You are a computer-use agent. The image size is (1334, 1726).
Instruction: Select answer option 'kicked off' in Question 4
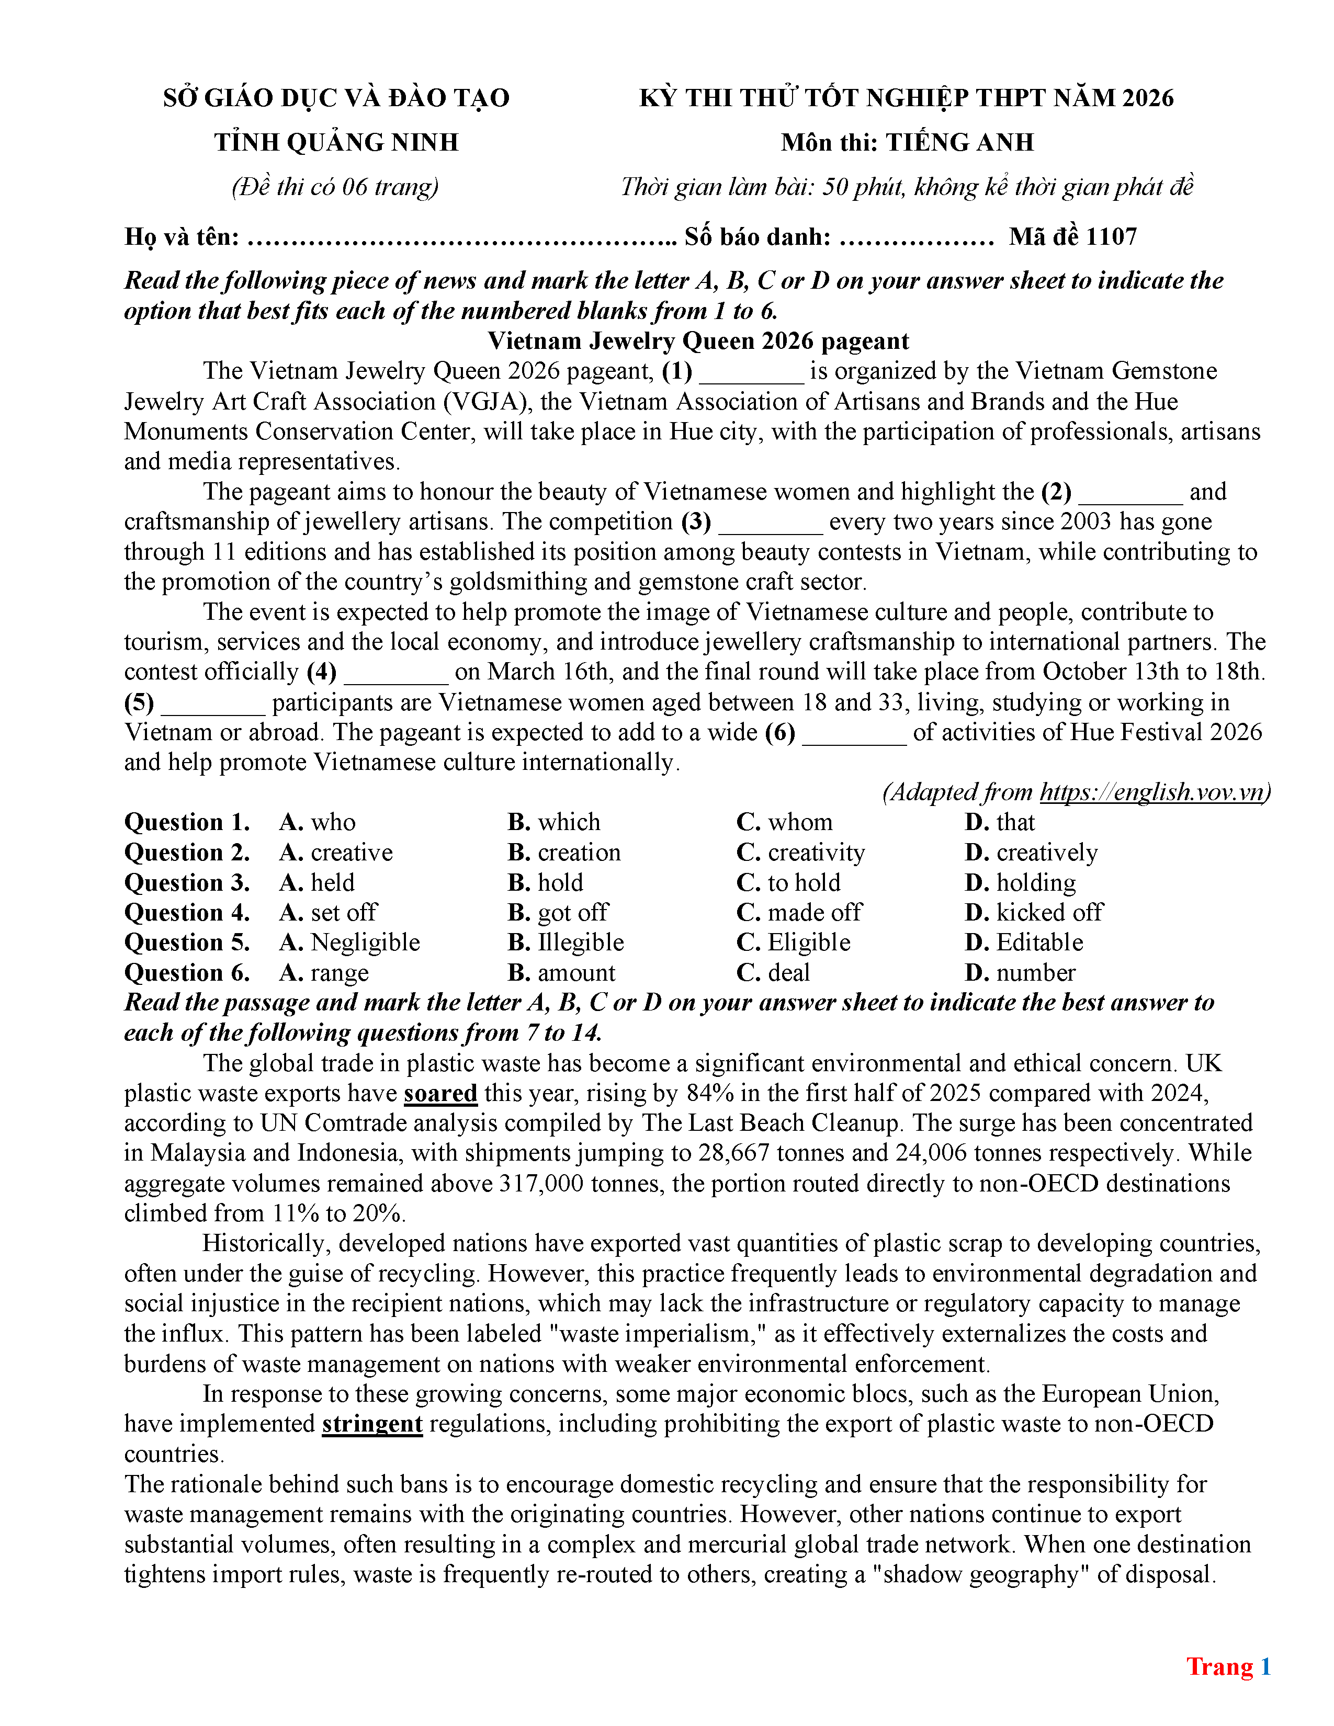[1049, 912]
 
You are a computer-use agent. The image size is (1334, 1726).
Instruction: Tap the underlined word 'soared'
[440, 1093]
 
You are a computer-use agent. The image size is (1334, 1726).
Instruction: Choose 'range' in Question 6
[339, 972]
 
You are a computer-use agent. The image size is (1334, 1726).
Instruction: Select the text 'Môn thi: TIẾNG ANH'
[907, 142]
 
